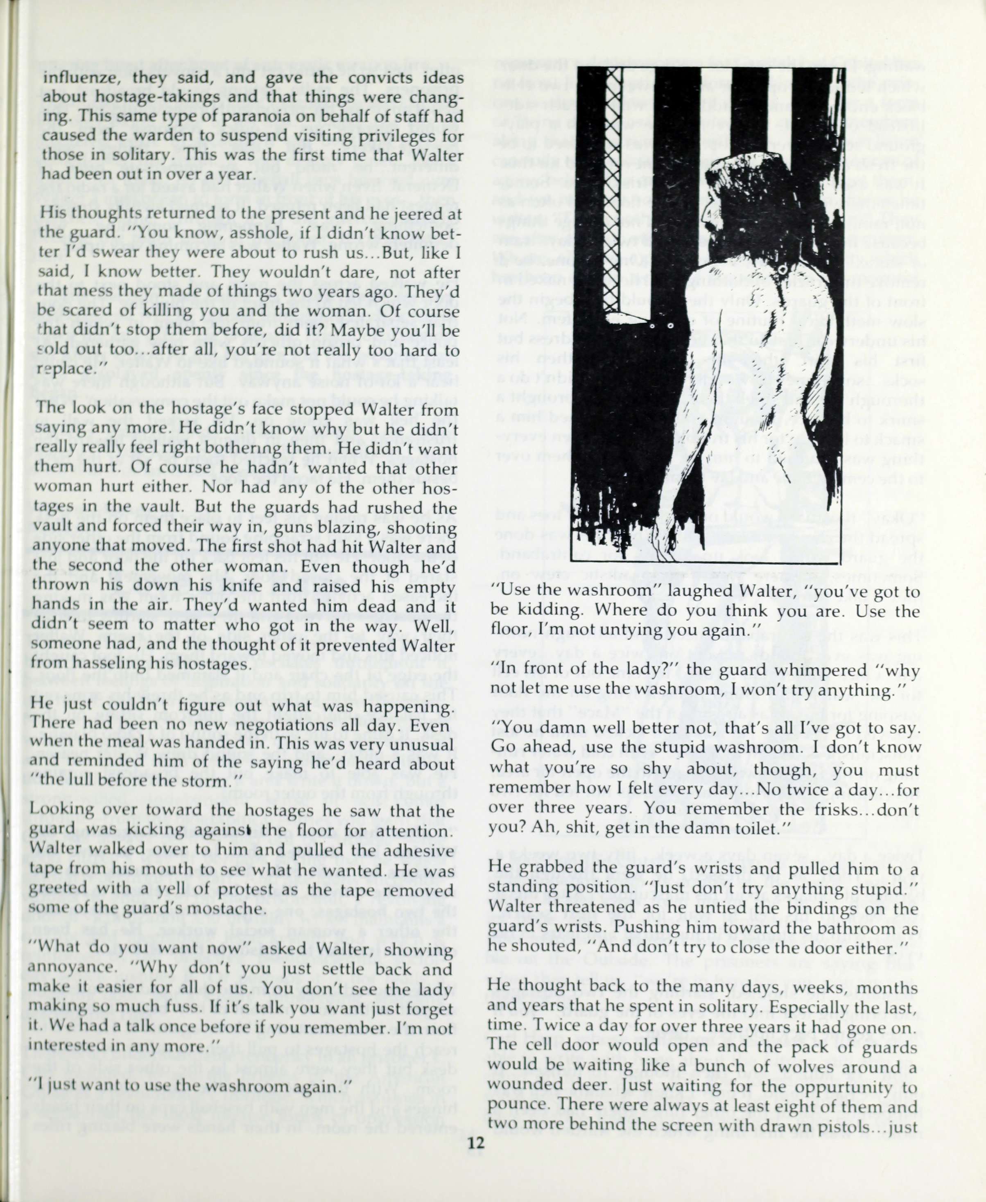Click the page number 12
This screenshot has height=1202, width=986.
tap(475, 1142)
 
